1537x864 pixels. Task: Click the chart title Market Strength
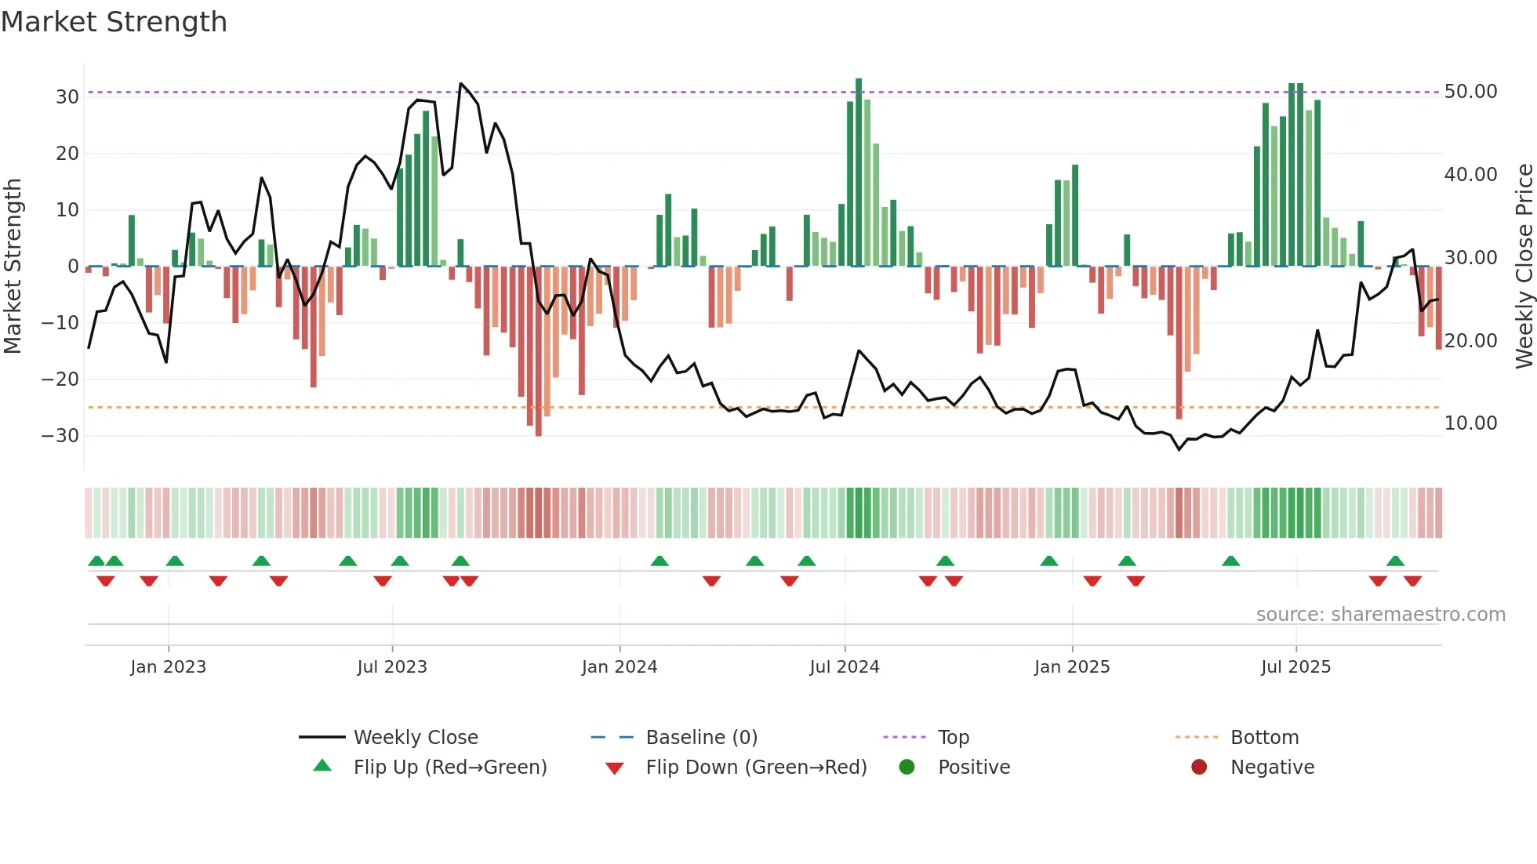[x=114, y=22]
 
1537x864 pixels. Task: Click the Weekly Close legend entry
[x=415, y=738]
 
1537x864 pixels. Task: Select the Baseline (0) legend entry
[x=701, y=738]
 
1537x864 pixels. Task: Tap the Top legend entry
[x=953, y=738]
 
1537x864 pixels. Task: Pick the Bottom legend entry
[x=1264, y=738]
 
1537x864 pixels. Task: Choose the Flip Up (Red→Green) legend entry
[x=449, y=768]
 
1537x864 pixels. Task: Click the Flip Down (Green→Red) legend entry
[x=756, y=768]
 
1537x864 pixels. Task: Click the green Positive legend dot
[x=907, y=768]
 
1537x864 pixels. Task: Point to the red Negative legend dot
[x=1198, y=768]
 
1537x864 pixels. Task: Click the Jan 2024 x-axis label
[x=619, y=667]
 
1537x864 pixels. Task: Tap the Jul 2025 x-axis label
[x=1295, y=667]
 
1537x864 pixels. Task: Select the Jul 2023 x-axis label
[x=391, y=667]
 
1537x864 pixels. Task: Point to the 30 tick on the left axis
[x=67, y=97]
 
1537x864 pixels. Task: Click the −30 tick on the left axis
[x=61, y=436]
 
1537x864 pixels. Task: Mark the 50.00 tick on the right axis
[x=1470, y=92]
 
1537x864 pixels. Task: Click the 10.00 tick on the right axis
[x=1470, y=423]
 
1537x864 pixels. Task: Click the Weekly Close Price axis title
[x=1524, y=267]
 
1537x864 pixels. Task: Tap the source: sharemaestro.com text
[x=1380, y=615]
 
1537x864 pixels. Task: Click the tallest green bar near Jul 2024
[x=859, y=172]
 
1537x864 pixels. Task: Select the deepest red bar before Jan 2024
[x=538, y=353]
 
